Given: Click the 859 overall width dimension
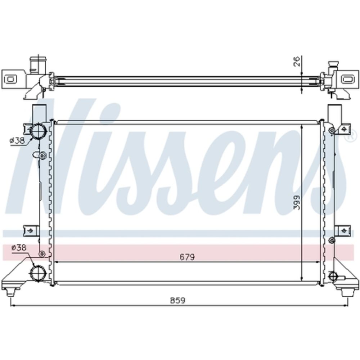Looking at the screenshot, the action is (178, 301).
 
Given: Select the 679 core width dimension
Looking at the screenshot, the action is (187, 257).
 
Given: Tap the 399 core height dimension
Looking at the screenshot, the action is (297, 202).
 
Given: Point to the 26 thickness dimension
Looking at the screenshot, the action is (297, 61).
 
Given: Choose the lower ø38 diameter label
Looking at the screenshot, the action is (19, 248).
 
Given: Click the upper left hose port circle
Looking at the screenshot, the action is (38, 131).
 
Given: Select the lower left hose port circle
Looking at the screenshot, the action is (38, 273).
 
